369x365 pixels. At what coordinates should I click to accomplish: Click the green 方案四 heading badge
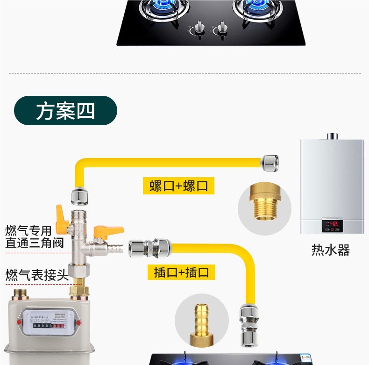pos(65,111)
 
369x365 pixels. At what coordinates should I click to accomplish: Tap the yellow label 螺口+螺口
pos(178,186)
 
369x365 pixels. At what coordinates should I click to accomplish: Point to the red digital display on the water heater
pos(332,224)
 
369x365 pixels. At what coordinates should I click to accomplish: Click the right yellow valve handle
pos(108,231)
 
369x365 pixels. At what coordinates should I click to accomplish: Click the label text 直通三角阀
pos(28,243)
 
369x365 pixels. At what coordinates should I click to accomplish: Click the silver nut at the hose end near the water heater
pos(270,162)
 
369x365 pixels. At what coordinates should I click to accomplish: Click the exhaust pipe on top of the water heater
pos(332,136)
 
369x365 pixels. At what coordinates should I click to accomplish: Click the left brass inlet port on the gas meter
pos(21,295)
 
